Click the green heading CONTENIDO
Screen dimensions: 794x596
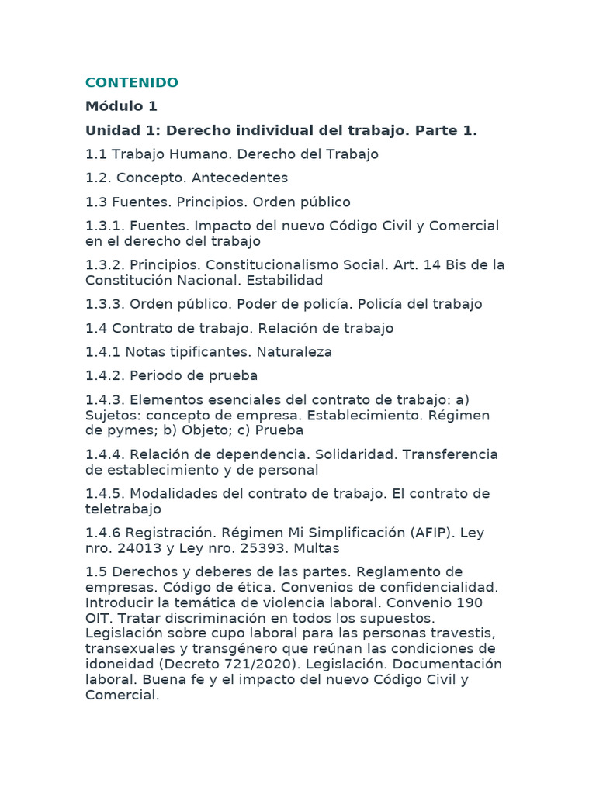click(x=131, y=82)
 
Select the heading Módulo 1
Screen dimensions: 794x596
click(x=121, y=106)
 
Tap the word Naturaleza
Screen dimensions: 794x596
click(x=289, y=352)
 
